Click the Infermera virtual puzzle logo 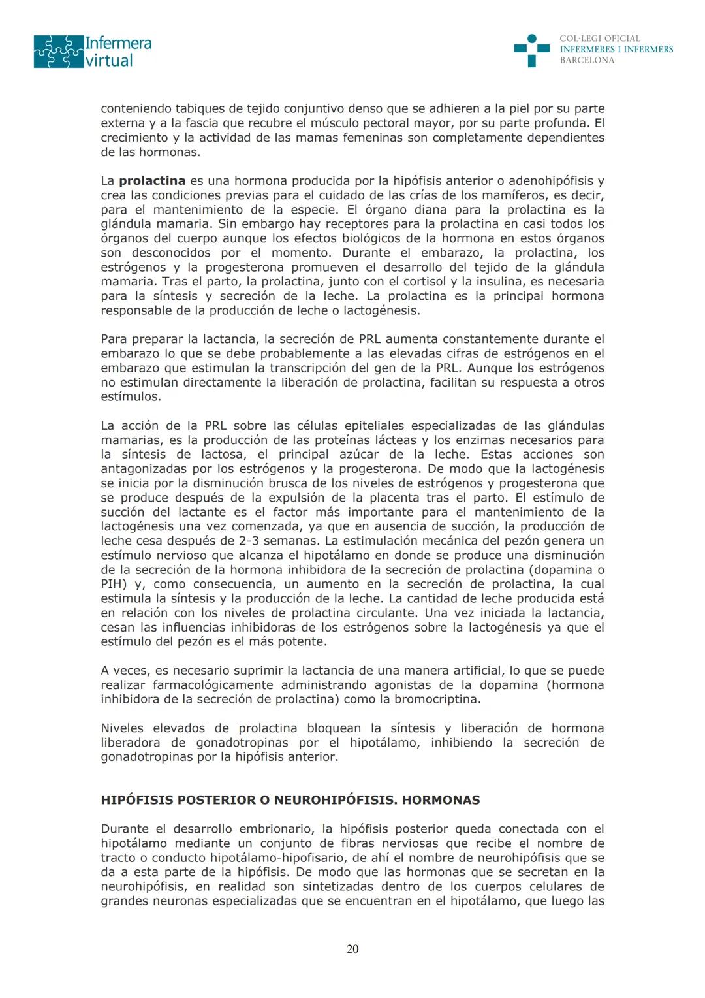[x=59, y=52]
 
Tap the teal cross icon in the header [x=531, y=50]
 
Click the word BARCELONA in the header [x=587, y=60]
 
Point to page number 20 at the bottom [x=352, y=949]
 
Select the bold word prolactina [x=152, y=181]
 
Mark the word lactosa [x=225, y=455]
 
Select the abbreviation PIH [x=115, y=584]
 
